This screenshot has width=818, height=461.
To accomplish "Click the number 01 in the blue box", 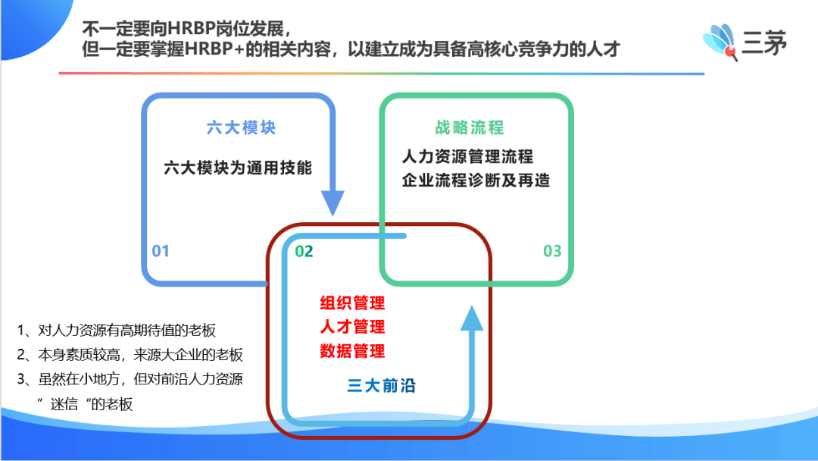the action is (x=160, y=251).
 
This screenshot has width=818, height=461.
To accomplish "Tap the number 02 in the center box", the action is (x=304, y=252).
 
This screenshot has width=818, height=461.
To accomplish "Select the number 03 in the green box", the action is (x=552, y=251).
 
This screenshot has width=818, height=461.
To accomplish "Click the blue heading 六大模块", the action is (x=241, y=127).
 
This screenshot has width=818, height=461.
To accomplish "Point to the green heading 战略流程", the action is (x=470, y=127).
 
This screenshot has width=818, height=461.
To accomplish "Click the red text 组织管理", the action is (x=352, y=303).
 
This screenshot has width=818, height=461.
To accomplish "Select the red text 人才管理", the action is (x=352, y=327).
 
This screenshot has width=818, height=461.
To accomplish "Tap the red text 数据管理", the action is (x=352, y=351).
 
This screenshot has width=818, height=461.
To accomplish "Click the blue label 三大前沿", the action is (x=381, y=386).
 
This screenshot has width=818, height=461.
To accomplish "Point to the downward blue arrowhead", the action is (x=333, y=202).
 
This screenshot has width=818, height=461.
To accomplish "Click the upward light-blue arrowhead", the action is (x=472, y=318).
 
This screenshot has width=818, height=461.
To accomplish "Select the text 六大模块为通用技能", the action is (x=238, y=168).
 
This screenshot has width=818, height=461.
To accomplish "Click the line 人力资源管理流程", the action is (x=468, y=156).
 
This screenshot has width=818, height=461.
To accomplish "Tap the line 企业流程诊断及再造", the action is (x=476, y=180).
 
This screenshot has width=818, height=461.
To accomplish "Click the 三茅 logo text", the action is (x=764, y=42).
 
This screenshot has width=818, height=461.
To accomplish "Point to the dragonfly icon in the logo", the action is (x=720, y=41).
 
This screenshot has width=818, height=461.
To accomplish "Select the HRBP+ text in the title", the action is (x=214, y=49).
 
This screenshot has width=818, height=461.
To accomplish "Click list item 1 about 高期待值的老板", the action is (x=117, y=331).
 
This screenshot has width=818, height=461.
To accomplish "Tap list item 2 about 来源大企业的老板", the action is (x=130, y=355).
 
